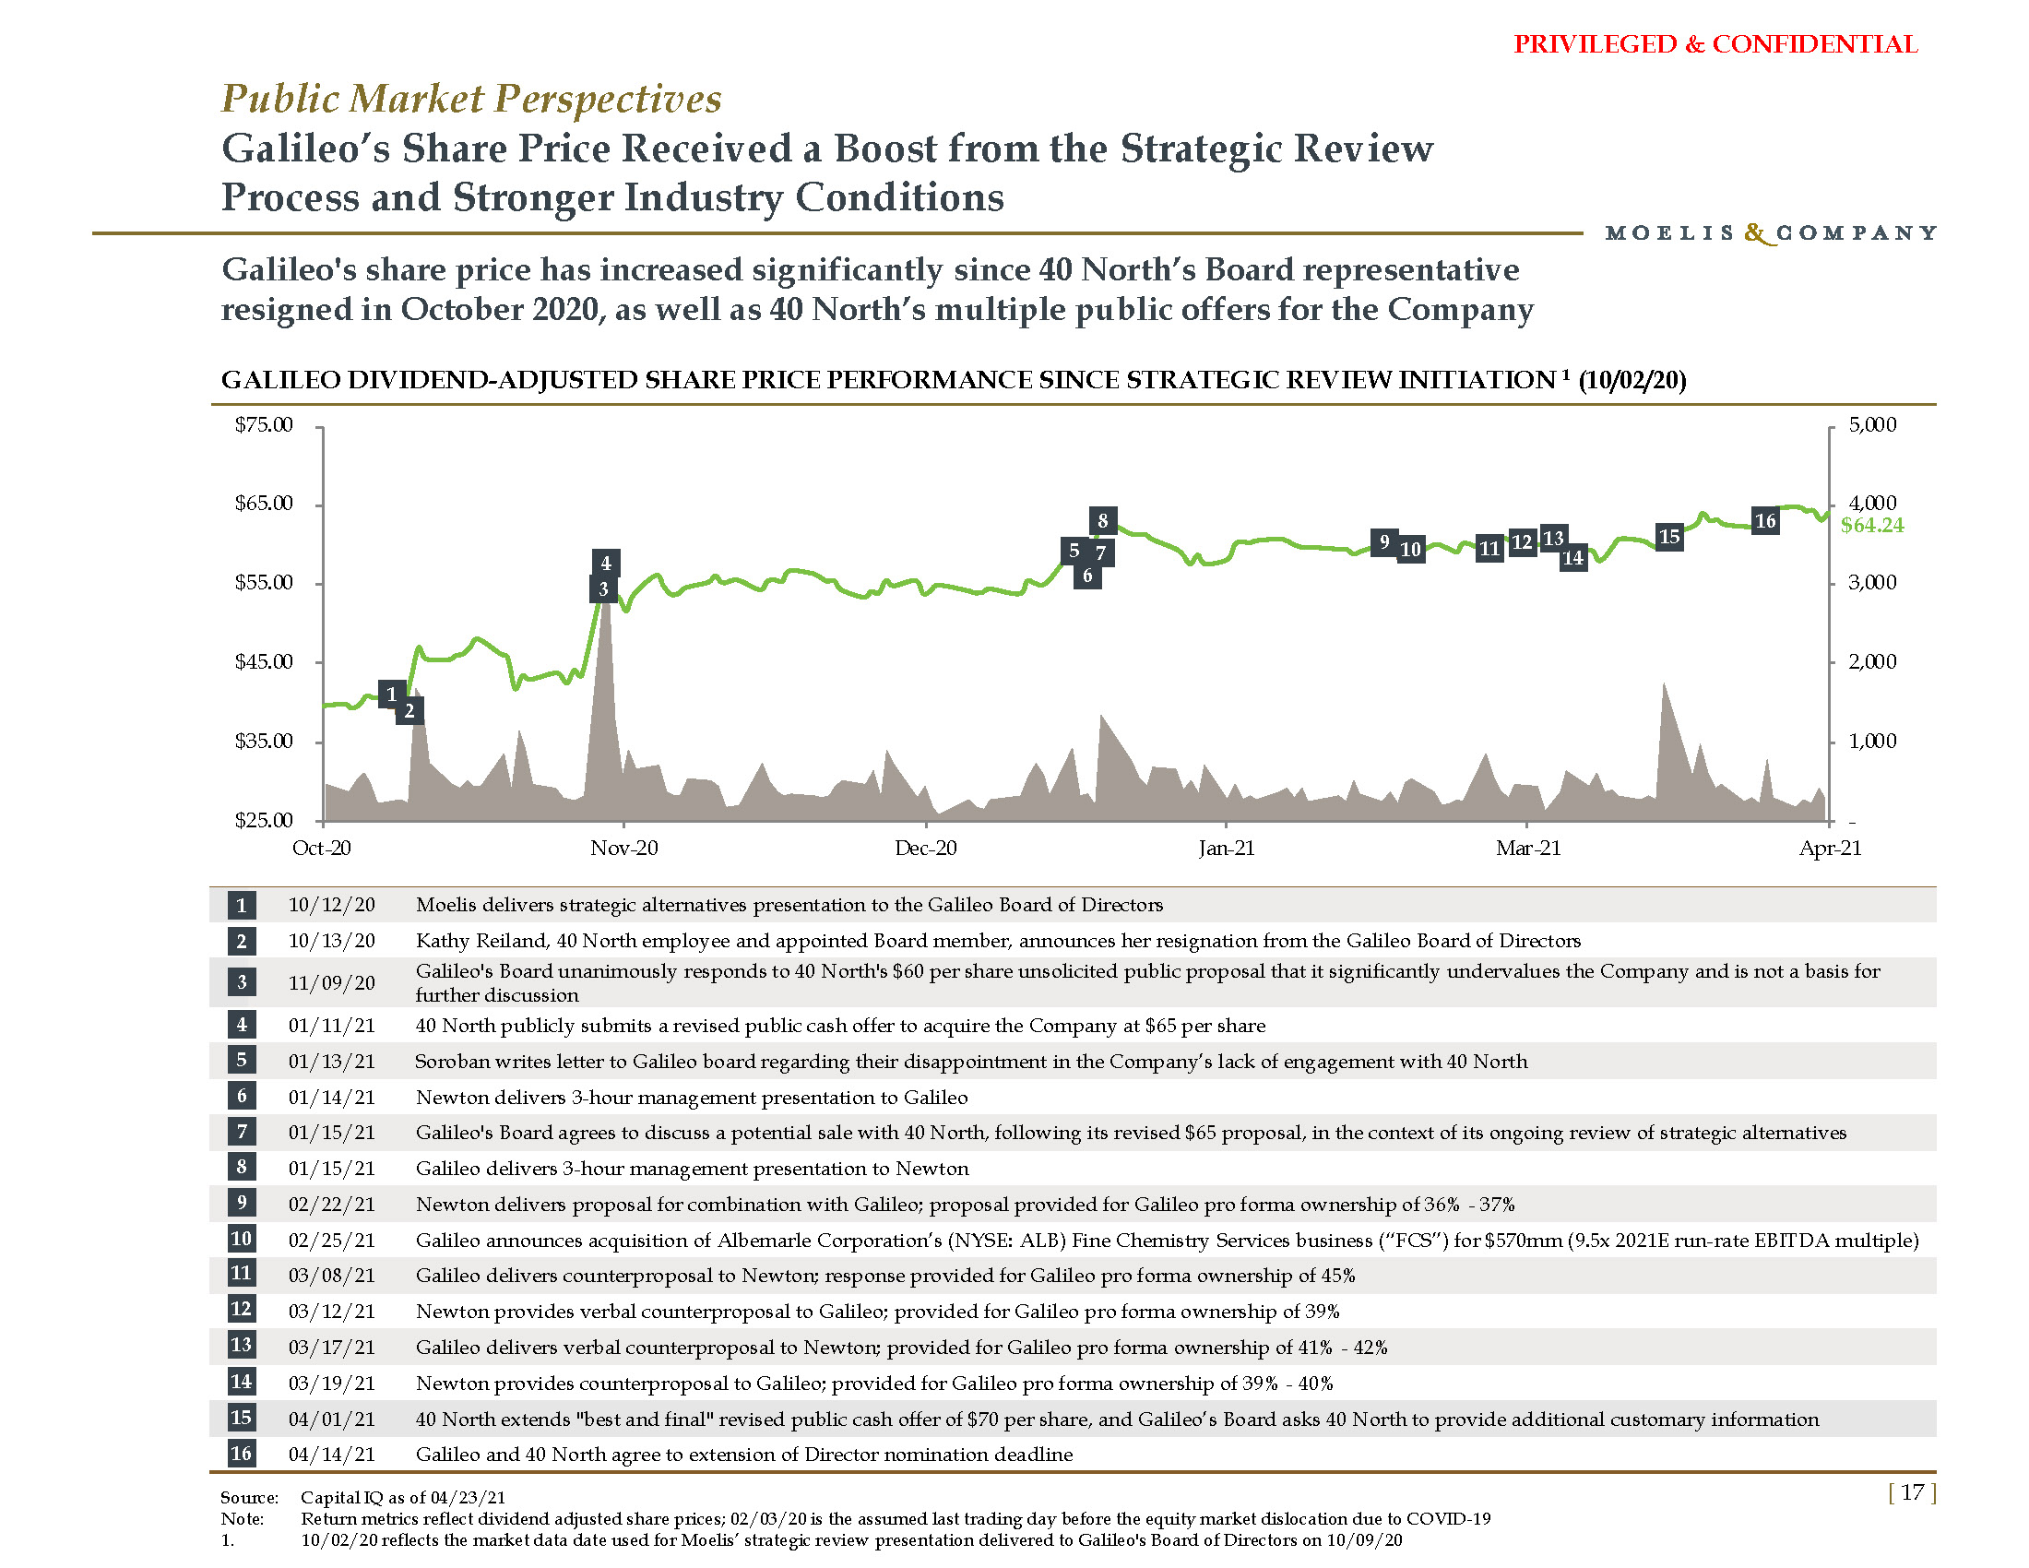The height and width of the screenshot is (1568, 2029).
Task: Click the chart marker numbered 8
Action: tap(1103, 520)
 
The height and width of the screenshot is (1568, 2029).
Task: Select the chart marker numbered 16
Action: tap(1765, 521)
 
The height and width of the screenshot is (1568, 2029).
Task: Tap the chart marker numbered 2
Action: tap(409, 711)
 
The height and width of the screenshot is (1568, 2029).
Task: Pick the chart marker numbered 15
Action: tap(1669, 537)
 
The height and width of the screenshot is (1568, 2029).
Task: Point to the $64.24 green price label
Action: tap(1871, 526)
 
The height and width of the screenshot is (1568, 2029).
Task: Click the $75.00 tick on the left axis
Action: tap(264, 425)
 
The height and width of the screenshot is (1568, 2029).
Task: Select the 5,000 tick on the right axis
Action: tap(1872, 425)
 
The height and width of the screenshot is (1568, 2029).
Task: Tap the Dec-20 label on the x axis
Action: tap(925, 848)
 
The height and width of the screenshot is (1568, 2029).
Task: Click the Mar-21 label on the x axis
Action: tap(1528, 848)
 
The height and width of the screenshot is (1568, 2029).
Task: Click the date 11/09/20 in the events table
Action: tap(332, 983)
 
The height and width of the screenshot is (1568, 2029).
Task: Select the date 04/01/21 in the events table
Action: tap(332, 1420)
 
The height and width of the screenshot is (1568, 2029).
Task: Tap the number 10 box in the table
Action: tap(242, 1239)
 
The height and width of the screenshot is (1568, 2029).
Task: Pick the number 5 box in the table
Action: tap(242, 1060)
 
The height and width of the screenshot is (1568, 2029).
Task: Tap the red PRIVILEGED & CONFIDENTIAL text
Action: tap(1715, 44)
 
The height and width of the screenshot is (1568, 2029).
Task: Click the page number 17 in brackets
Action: tap(1912, 1492)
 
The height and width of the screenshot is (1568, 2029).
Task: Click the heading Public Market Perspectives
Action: tap(471, 99)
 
